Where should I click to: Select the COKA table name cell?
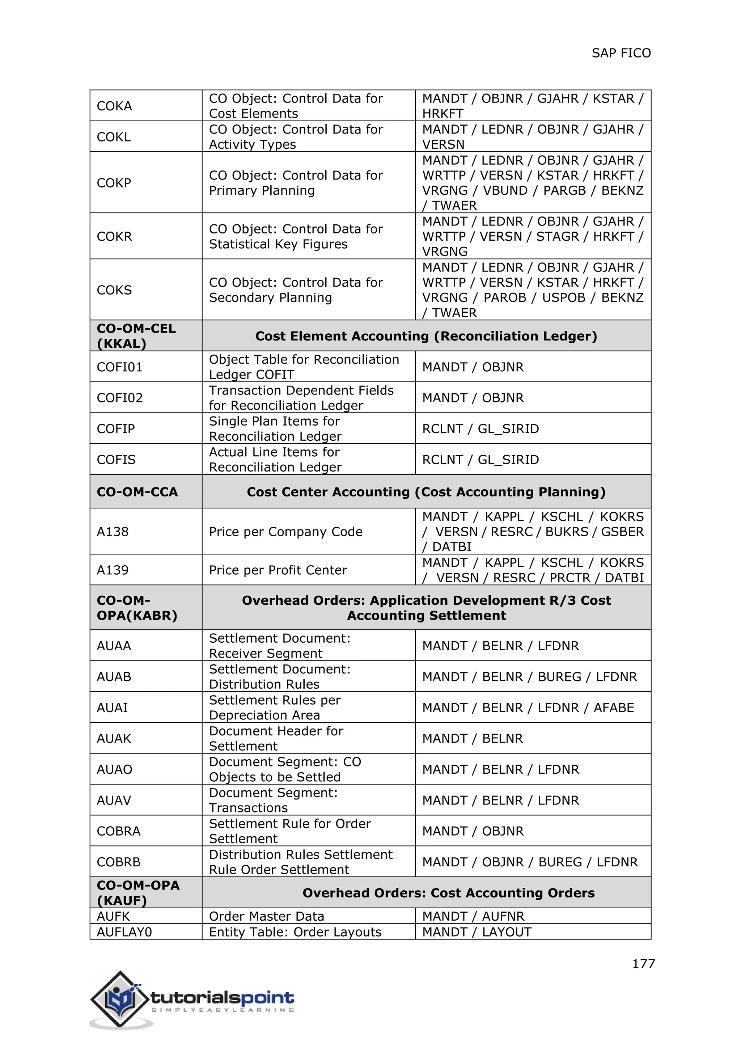pos(115,106)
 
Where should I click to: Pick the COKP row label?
pos(114,183)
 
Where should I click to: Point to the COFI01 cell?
pos(119,367)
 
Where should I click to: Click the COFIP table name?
pos(116,428)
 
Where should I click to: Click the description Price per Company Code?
pos(285,532)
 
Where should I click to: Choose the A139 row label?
pos(113,570)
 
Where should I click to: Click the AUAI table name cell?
pos(112,707)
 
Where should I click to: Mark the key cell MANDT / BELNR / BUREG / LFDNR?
pos(529,676)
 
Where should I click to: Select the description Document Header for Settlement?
pos(276,738)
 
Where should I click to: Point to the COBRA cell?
pos(119,831)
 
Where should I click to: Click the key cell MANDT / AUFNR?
pos(473,916)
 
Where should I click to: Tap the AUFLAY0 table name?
pos(124,931)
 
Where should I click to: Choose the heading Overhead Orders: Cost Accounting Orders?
pos(449,893)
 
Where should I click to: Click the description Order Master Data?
pos(266,916)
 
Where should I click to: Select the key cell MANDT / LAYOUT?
pos(477,931)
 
